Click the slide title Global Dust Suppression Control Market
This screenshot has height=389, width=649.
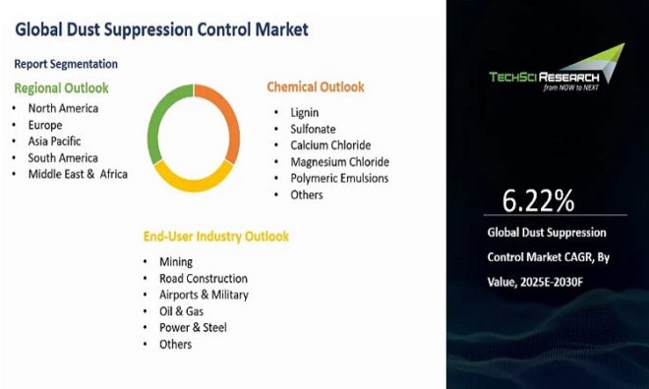(x=161, y=29)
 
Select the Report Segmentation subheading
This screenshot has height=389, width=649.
(x=65, y=64)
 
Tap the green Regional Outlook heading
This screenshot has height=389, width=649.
(x=60, y=88)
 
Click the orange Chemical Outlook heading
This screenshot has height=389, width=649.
(x=315, y=86)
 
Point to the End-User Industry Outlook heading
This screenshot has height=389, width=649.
(x=216, y=237)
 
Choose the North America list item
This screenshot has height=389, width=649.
(x=63, y=108)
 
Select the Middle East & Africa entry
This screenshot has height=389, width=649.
(x=78, y=174)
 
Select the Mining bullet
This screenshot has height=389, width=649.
(x=176, y=262)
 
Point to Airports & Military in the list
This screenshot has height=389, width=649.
(x=204, y=295)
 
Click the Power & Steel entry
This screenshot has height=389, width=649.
(x=193, y=327)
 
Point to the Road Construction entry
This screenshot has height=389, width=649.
(x=203, y=279)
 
